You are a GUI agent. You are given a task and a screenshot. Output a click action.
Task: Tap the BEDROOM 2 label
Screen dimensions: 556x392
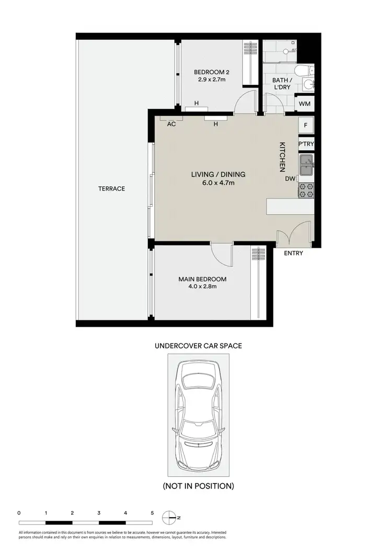click(212, 72)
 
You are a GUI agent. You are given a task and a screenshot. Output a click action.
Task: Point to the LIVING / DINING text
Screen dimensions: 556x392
click(218, 175)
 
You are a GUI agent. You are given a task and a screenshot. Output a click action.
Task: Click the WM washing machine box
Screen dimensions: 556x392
click(305, 104)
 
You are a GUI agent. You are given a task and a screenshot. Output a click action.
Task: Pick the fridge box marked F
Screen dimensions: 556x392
click(306, 126)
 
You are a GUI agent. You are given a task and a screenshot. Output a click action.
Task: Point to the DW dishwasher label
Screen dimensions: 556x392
click(290, 179)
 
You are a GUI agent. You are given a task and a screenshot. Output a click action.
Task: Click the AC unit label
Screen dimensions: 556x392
click(171, 125)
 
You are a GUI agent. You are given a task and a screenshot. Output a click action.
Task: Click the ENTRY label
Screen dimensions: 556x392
click(293, 253)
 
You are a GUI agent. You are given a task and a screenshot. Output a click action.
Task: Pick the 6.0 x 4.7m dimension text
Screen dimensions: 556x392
click(218, 183)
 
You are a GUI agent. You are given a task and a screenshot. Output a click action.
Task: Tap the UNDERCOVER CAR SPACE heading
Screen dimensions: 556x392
click(198, 346)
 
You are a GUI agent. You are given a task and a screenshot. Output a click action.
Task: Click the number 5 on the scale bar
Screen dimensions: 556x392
click(152, 513)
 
